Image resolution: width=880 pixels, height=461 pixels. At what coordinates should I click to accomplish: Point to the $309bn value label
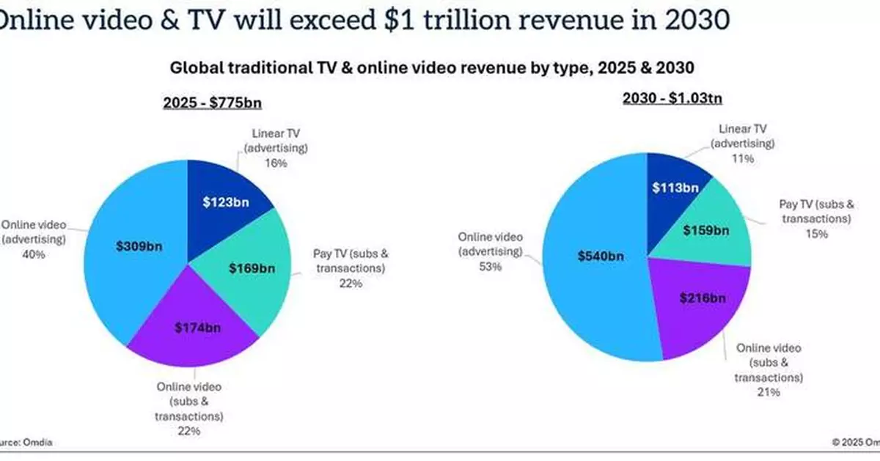pyautogui.click(x=139, y=246)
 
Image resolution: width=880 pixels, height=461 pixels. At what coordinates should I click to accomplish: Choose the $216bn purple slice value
pyautogui.click(x=702, y=298)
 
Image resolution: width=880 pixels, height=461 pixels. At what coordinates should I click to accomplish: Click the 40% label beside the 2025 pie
pyautogui.click(x=34, y=254)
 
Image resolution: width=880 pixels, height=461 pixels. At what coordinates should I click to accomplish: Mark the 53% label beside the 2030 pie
pyautogui.click(x=491, y=267)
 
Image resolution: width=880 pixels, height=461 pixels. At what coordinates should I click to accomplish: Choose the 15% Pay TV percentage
pyautogui.click(x=816, y=234)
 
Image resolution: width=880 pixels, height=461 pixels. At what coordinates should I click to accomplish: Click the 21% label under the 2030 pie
pyautogui.click(x=769, y=393)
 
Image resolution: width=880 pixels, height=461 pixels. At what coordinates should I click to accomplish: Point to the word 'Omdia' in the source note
pyautogui.click(x=37, y=443)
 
